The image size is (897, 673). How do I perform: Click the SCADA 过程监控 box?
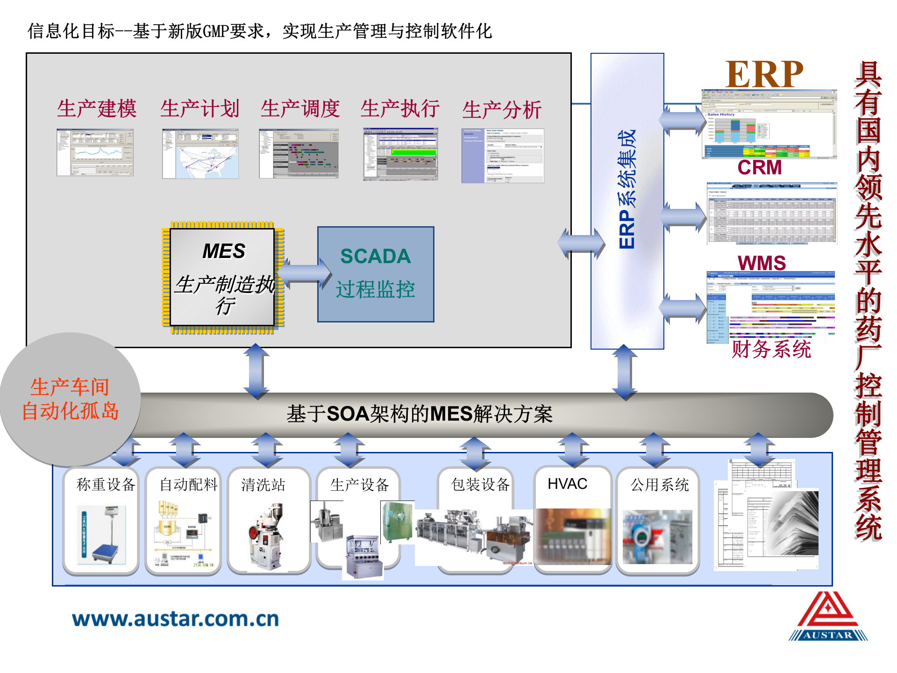[376, 274]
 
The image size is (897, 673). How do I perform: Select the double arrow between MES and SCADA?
[304, 273]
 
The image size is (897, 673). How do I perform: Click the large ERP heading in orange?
[764, 74]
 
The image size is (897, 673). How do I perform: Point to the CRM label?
[760, 167]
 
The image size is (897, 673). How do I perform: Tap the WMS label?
[762, 263]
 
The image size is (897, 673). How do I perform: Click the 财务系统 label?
[771, 349]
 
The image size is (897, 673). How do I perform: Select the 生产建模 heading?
[97, 109]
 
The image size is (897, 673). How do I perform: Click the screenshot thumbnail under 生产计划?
[200, 154]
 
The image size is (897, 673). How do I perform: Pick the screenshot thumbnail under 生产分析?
[503, 156]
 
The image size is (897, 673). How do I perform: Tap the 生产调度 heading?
[300, 109]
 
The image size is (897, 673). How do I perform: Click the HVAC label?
[567, 484]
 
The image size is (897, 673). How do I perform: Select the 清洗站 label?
[263, 485]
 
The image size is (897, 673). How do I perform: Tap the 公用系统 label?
[659, 485]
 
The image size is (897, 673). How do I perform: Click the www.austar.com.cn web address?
[176, 619]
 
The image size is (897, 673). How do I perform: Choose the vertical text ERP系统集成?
[626, 189]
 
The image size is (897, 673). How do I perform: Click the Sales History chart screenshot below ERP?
[769, 124]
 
